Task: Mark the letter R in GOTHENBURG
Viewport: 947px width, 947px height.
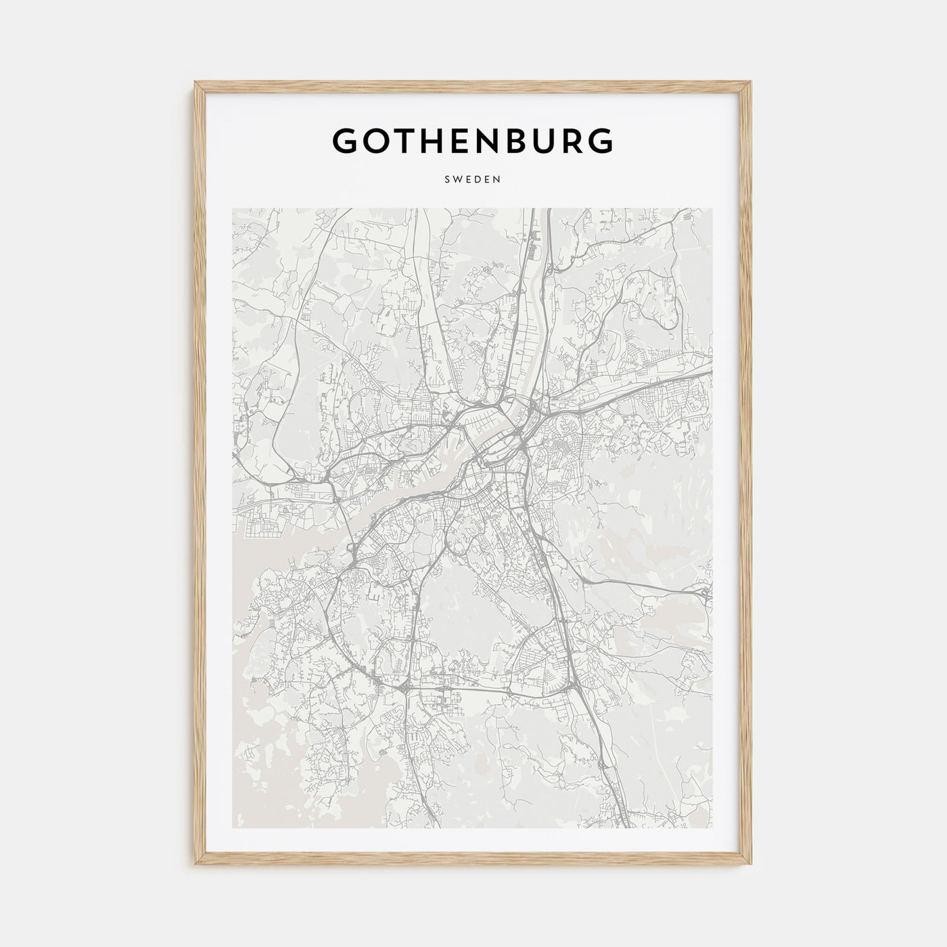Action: point(572,140)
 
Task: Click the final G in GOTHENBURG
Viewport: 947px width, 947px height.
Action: point(601,140)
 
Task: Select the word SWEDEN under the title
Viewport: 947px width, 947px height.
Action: point(473,180)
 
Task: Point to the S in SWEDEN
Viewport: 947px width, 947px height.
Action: point(448,180)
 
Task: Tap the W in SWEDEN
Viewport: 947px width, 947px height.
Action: point(458,180)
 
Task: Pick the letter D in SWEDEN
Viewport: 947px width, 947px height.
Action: point(478,180)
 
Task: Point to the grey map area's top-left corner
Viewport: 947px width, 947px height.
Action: point(233,209)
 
